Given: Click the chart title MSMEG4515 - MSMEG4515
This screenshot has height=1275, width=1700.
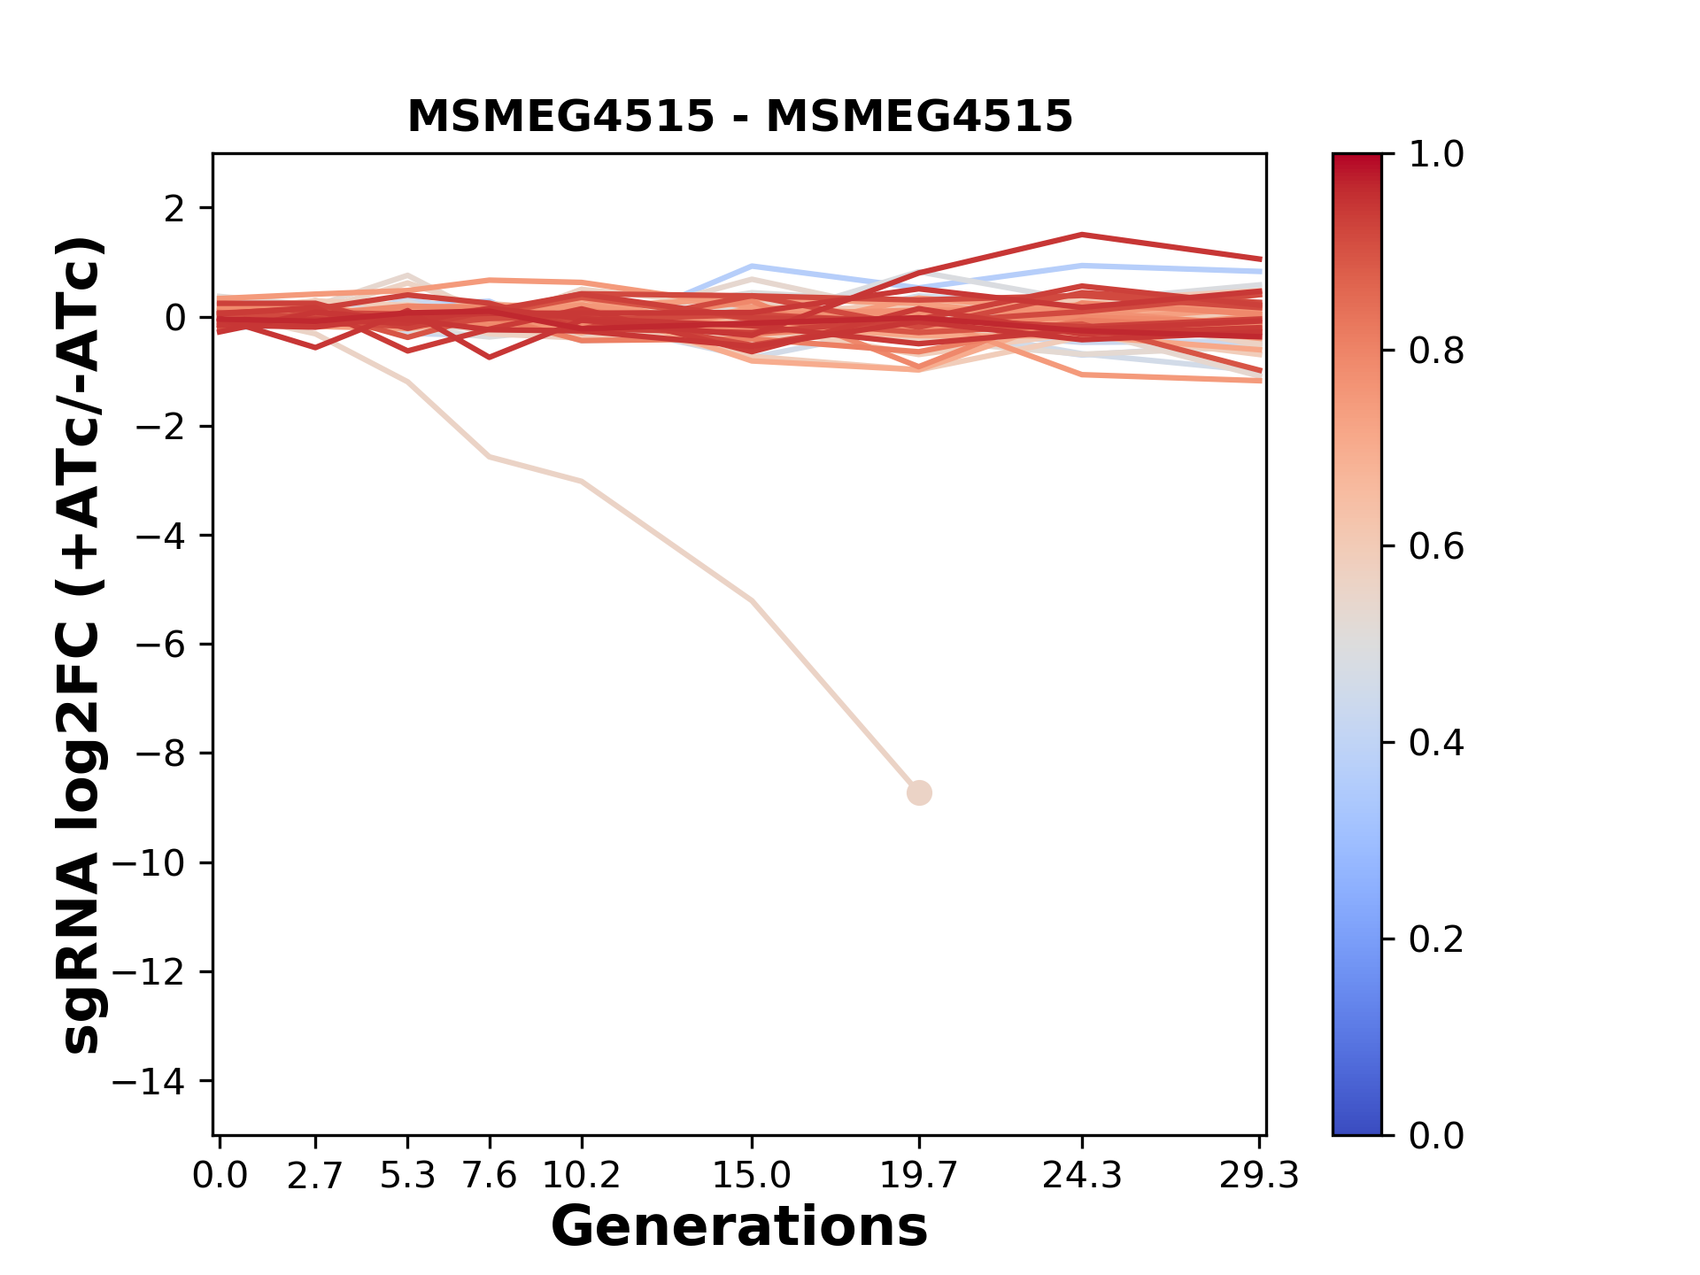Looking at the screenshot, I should point(739,116).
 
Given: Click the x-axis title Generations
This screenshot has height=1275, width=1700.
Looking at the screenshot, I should point(739,1227).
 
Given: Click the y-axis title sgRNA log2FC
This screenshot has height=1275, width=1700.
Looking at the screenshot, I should point(81,645).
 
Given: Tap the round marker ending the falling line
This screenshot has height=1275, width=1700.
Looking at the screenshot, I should point(919,792).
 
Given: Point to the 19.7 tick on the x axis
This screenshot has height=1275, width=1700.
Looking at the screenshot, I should point(919,1176).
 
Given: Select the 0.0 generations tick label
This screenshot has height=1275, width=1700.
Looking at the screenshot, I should point(220,1176).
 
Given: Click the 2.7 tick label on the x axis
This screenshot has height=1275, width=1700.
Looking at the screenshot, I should point(315,1176).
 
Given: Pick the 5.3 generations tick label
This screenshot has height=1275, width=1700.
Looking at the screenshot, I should point(407,1176).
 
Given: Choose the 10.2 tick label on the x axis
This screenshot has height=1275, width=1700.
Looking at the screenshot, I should point(581,1176).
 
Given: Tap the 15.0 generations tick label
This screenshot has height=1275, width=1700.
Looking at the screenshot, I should point(752,1176).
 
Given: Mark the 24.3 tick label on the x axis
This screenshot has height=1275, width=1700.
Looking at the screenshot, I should point(1082,1176).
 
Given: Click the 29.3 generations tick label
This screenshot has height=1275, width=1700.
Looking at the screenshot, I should point(1259,1176).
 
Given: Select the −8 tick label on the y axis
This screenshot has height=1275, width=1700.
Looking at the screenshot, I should point(159,753).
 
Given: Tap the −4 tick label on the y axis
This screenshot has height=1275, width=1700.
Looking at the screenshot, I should point(159,536).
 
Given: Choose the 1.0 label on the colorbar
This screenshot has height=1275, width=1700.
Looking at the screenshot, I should point(1436,155).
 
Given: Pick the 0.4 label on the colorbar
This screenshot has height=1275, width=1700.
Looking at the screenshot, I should point(1436,743).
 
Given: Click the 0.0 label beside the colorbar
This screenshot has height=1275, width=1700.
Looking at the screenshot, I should point(1436,1135).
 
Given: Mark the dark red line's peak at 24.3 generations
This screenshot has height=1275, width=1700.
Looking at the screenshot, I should point(1082,235).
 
